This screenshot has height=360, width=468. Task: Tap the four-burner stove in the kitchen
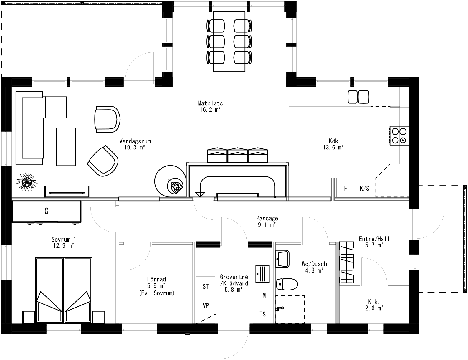(x=399, y=136)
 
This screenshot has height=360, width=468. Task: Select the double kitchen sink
(x=358, y=97)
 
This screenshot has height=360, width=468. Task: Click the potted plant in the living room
(x=27, y=182)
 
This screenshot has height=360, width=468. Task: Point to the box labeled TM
(x=262, y=295)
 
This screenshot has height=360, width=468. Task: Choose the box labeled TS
(x=262, y=314)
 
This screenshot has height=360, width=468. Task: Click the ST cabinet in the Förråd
(x=206, y=286)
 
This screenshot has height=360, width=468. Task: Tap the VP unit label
(x=206, y=305)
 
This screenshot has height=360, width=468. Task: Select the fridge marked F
(x=345, y=188)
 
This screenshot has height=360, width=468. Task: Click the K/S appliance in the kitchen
(x=364, y=188)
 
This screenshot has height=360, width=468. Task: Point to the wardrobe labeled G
(x=46, y=211)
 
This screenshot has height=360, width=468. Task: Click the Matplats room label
(x=210, y=103)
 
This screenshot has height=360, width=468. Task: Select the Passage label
(x=267, y=218)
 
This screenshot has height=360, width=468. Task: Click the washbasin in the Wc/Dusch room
(x=282, y=259)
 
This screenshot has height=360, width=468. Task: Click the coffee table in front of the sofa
(x=66, y=146)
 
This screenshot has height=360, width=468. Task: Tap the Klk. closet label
(x=373, y=302)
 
